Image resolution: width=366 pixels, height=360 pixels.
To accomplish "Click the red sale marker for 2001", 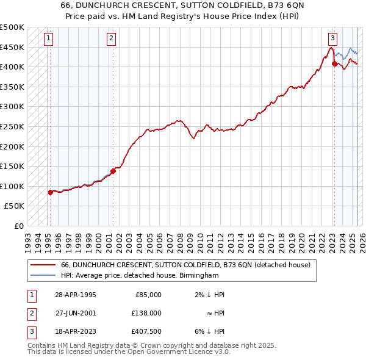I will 113,171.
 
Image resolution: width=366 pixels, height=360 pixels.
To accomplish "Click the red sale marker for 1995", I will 50,192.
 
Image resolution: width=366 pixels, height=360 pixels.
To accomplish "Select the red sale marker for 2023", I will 334,63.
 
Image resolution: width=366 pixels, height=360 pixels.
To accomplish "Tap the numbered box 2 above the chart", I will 111,38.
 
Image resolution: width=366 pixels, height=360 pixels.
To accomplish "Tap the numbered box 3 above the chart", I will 333,38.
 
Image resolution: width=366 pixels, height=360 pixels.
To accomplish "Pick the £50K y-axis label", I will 15,206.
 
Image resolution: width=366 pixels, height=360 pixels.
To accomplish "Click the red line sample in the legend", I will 43,265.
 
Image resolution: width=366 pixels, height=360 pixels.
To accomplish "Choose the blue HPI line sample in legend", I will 43,275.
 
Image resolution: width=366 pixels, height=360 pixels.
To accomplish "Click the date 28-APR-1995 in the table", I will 76,295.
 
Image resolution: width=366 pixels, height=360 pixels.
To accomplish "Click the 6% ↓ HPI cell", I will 213,331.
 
